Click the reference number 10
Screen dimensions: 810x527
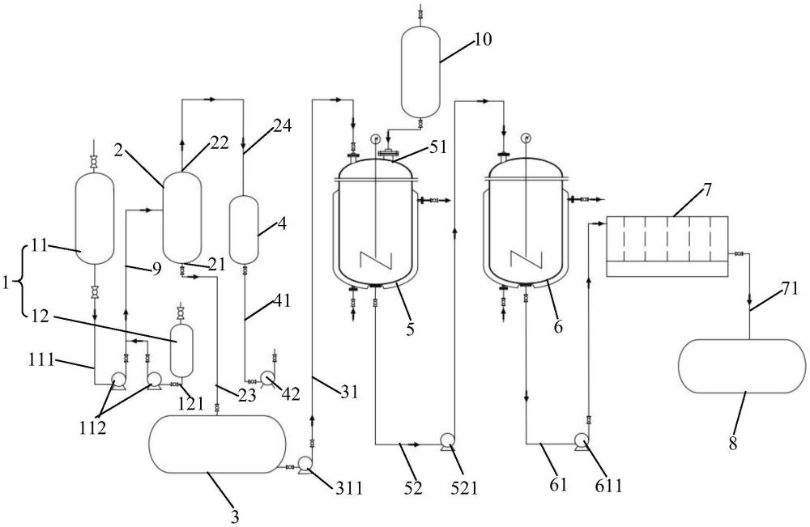483,39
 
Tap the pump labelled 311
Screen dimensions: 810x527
305,466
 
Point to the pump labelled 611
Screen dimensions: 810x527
581,441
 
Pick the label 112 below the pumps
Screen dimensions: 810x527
93,427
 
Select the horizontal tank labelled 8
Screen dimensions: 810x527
742,366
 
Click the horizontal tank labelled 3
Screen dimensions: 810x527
217,444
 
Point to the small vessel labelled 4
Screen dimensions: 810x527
243,230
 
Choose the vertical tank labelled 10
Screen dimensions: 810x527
421,71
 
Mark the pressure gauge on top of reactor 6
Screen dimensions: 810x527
526,138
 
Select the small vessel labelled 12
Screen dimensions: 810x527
181,351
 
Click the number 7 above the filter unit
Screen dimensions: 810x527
706,189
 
